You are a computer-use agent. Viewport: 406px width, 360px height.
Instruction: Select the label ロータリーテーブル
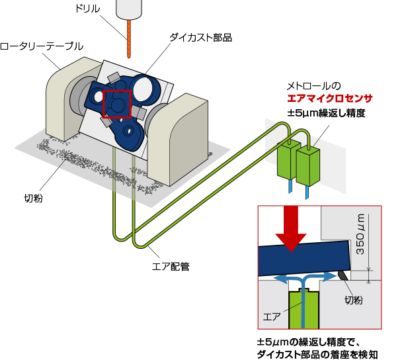point(42,46)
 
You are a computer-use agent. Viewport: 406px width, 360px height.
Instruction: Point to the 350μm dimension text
point(360,235)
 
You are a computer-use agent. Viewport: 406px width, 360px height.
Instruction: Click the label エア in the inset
point(272,316)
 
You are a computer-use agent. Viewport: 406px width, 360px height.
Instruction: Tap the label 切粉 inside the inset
point(354,300)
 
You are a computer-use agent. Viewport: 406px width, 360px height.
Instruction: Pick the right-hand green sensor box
point(308,167)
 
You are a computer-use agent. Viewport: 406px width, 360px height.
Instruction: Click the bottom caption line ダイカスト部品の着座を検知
point(317,355)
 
